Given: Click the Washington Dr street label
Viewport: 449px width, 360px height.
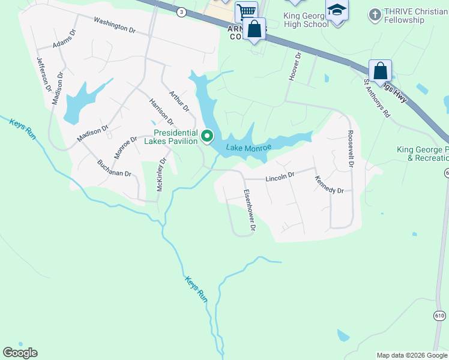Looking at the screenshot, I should pyautogui.click(x=114, y=24).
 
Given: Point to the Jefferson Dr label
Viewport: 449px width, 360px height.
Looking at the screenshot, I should pyautogui.click(x=44, y=74).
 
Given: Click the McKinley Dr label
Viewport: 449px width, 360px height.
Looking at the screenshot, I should pyautogui.click(x=161, y=175).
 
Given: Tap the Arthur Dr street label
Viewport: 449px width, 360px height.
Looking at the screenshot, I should pyautogui.click(x=179, y=101).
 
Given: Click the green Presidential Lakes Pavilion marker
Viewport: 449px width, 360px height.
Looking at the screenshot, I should pyautogui.click(x=208, y=136).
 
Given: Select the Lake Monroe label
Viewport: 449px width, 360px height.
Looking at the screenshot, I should pyautogui.click(x=249, y=148).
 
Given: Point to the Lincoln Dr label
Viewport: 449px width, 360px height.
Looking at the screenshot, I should pyautogui.click(x=280, y=176).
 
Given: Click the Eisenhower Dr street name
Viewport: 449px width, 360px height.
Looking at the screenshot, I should pyautogui.click(x=250, y=211).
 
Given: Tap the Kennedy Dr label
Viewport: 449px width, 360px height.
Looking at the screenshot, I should pyautogui.click(x=329, y=184).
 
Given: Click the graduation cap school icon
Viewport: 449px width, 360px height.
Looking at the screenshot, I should pyautogui.click(x=337, y=10).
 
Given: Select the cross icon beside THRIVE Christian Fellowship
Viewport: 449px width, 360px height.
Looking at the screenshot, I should pyautogui.click(x=375, y=14).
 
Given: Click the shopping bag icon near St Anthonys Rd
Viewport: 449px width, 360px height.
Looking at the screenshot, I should pyautogui.click(x=381, y=71).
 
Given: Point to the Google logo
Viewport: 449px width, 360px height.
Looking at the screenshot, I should pyautogui.click(x=20, y=353).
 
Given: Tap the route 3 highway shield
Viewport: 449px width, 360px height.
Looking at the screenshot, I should pyautogui.click(x=181, y=11).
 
